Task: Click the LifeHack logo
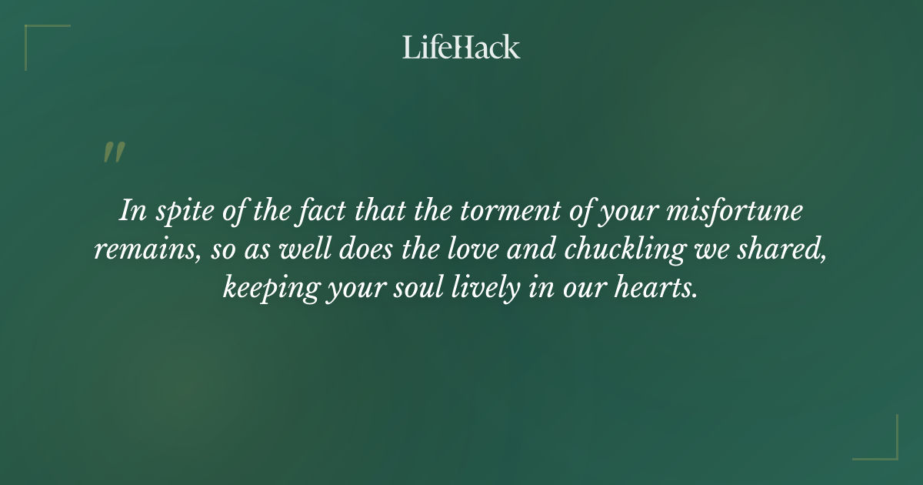pyautogui.click(x=461, y=47)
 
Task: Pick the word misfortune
pyautogui.click(x=737, y=212)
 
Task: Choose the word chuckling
pyautogui.click(x=624, y=250)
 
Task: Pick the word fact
pyautogui.click(x=328, y=212)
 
